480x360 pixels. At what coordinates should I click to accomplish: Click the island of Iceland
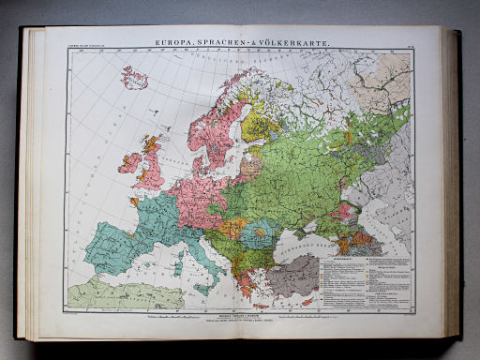coord(134,76)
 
